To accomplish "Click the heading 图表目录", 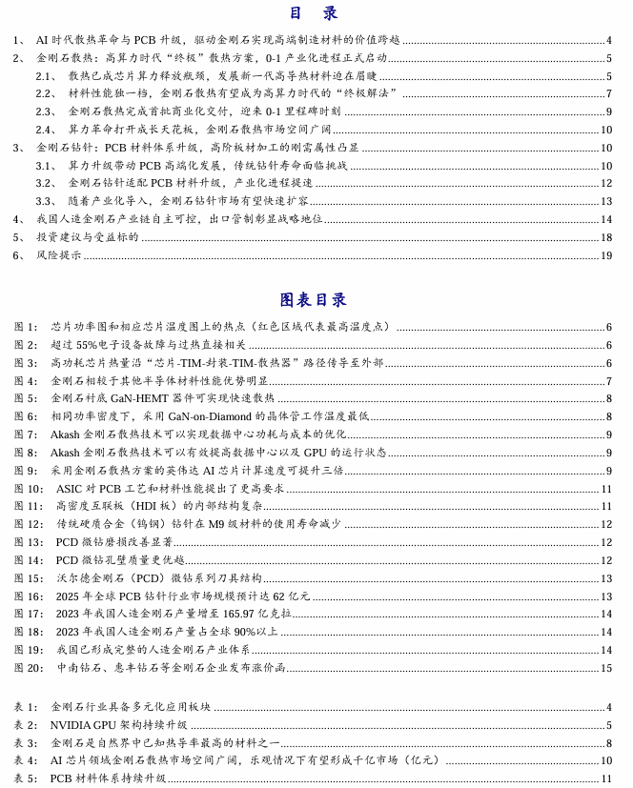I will (314, 300).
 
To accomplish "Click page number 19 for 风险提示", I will (606, 255).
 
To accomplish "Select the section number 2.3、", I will (47, 111).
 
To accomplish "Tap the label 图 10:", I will (29, 489).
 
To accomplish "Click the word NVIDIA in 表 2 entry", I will (70, 725).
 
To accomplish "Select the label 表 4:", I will (26, 760).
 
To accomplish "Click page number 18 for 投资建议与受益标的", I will (606, 237).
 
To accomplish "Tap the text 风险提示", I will (58, 255).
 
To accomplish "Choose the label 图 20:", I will (29, 668).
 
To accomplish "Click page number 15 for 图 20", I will (606, 668).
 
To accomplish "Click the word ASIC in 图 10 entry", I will (70, 489).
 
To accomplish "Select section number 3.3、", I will (47, 201).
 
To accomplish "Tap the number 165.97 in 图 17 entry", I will (245, 615).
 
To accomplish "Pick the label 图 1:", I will (26, 327).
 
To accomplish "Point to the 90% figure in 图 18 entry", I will (243, 632).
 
